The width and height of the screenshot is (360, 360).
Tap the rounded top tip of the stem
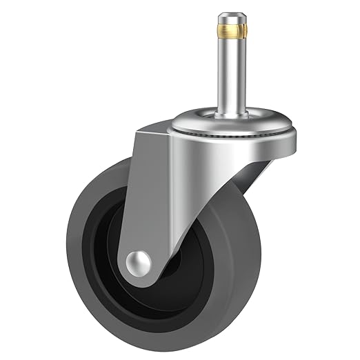(232, 15)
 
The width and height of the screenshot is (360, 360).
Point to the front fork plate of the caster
(159, 200)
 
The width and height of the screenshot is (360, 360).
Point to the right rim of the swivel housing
(295, 138)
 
